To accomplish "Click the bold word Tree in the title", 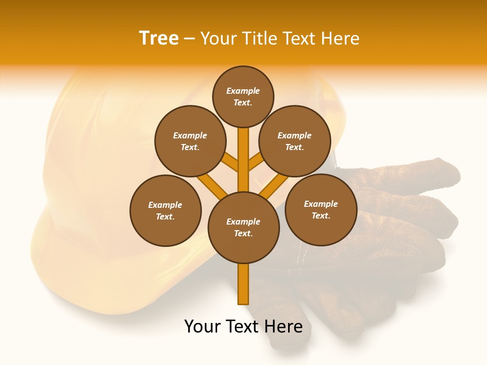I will pyautogui.click(x=159, y=39).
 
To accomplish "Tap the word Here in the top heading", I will pyautogui.click(x=340, y=39).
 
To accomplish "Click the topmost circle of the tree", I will pyautogui.click(x=243, y=96).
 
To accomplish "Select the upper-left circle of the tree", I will pyautogui.click(x=190, y=141).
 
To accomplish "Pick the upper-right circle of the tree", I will pyautogui.click(x=295, y=141).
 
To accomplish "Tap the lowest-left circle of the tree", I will pyautogui.click(x=165, y=210).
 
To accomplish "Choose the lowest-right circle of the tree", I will pyautogui.click(x=321, y=209).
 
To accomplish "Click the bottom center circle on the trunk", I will pyautogui.click(x=243, y=227).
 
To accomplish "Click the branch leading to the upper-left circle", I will pyautogui.click(x=230, y=163).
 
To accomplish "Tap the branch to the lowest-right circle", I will pyautogui.click(x=274, y=186).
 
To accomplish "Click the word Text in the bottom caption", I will pyautogui.click(x=246, y=326).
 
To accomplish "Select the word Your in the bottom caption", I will pyautogui.click(x=203, y=326).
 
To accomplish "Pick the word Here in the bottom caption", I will pyautogui.click(x=285, y=326).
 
